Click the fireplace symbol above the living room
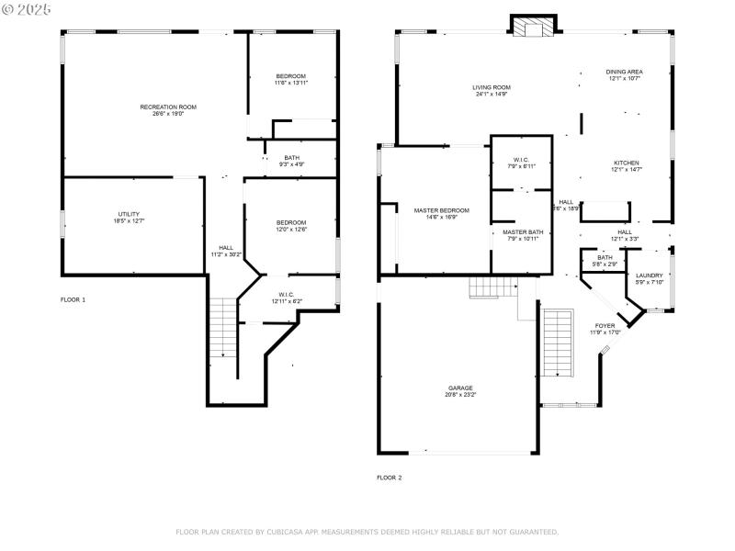click(534, 28)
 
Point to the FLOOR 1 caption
click(73, 300)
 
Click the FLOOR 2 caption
click(389, 478)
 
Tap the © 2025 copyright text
click(28, 8)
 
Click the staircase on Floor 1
click(222, 329)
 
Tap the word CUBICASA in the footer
click(287, 532)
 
